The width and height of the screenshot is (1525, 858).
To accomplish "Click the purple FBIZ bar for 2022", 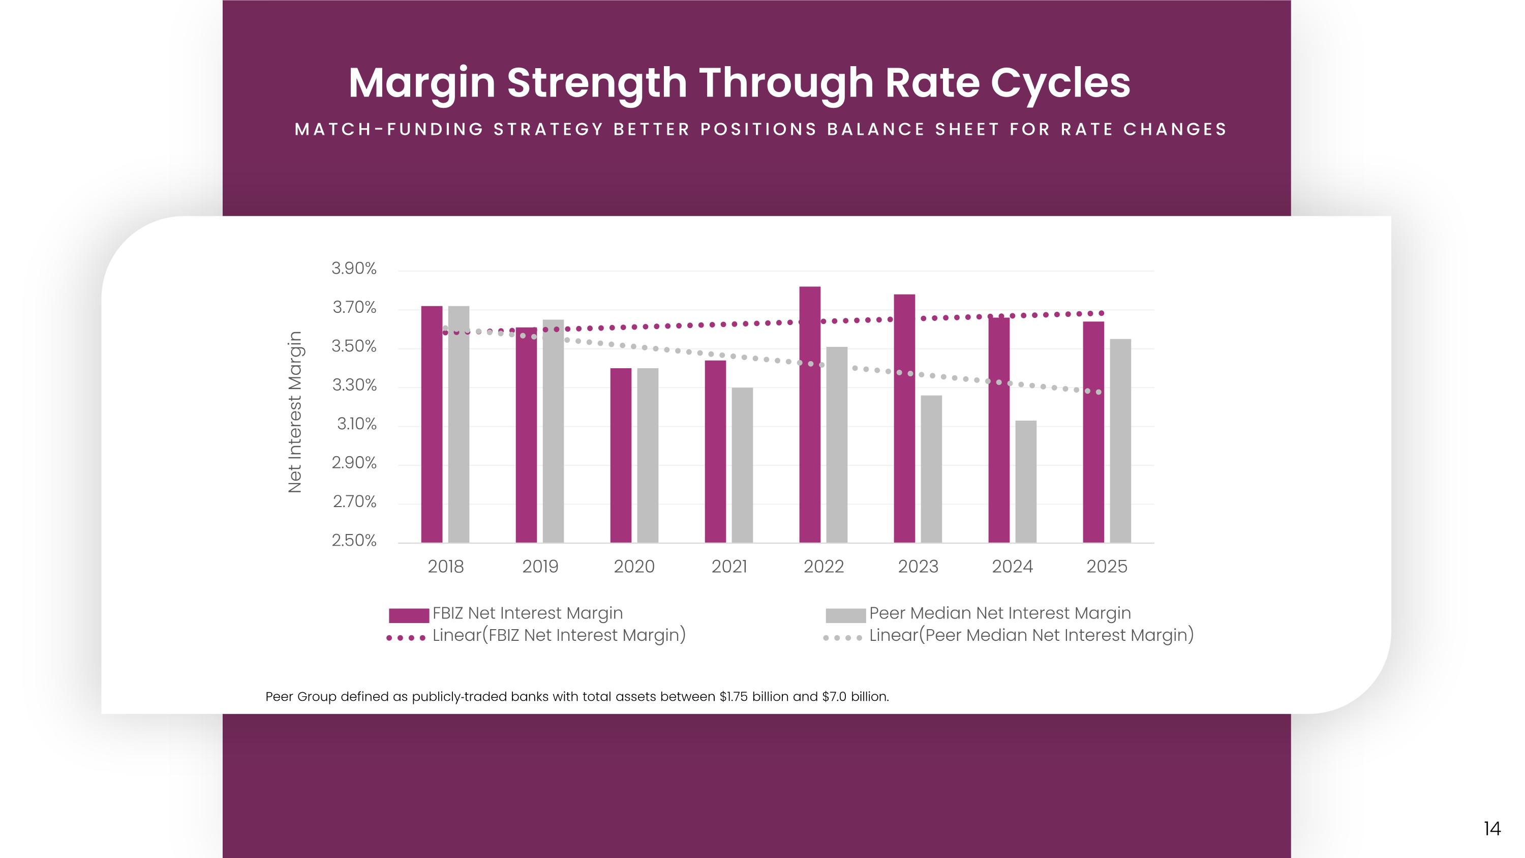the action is click(810, 415).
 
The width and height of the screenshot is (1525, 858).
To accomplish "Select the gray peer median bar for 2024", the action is click(1026, 482).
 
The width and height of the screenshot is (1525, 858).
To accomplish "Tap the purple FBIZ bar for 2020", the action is click(621, 455).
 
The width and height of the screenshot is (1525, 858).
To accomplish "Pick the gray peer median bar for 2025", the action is click(1120, 440).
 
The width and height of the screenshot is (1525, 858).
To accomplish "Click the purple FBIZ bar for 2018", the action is click(432, 424).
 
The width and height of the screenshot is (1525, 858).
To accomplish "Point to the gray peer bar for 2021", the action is click(742, 465).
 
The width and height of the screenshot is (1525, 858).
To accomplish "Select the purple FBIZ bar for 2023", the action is click(905, 418).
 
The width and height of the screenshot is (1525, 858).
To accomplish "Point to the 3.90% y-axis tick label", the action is click(354, 269).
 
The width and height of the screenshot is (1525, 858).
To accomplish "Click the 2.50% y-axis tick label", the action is click(354, 541).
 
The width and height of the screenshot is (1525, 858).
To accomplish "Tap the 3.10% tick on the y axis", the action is click(356, 424).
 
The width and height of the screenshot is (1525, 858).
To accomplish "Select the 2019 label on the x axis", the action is click(540, 567).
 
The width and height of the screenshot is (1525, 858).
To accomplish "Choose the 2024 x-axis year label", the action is click(1012, 567).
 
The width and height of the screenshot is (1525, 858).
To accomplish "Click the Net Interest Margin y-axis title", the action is click(295, 412).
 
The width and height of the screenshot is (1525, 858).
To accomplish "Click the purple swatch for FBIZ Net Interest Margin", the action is click(409, 615).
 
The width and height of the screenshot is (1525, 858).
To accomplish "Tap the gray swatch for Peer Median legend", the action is click(845, 615).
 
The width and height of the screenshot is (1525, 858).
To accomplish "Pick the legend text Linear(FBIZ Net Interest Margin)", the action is click(559, 635).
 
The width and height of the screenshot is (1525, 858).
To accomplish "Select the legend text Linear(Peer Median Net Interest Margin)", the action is click(1031, 635).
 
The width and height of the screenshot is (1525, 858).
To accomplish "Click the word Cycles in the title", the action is click(1060, 83).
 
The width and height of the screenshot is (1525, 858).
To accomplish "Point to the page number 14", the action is click(1492, 829).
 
